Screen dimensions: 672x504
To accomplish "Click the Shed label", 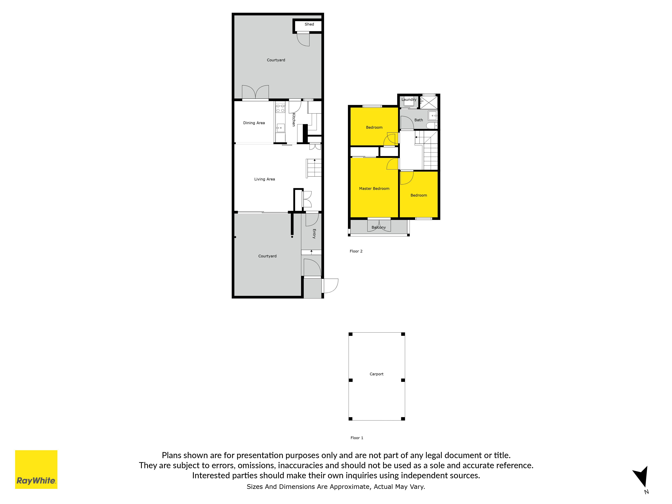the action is click(309, 24).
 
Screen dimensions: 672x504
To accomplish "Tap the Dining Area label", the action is click(254, 123).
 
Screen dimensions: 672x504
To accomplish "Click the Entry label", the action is click(314, 234).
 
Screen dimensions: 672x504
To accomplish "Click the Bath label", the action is click(419, 120).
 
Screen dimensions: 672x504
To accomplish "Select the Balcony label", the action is click(379, 227).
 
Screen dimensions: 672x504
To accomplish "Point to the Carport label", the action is click(376, 374).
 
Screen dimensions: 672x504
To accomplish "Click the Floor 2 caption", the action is click(356, 251).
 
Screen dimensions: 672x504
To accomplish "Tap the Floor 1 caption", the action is click(357, 438).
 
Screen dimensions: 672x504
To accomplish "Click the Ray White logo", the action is click(36, 469).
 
